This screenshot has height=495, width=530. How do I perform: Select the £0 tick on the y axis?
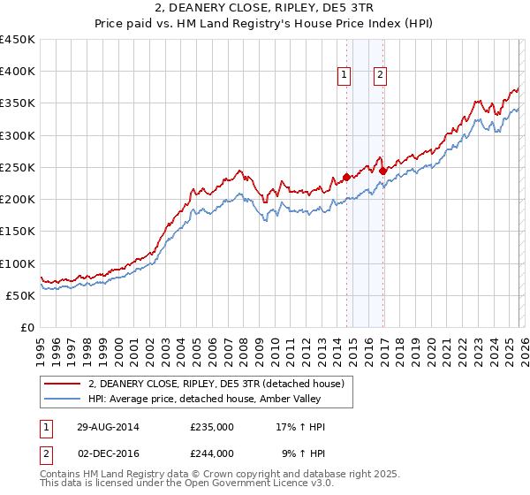tap(26, 328)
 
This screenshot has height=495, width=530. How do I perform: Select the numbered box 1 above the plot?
tap(344, 76)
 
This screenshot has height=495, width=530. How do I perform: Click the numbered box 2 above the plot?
tap(380, 76)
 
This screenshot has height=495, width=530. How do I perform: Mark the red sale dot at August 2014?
tap(346, 177)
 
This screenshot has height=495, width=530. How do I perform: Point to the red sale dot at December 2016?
tap(382, 171)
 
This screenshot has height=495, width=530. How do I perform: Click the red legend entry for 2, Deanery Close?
tap(221, 384)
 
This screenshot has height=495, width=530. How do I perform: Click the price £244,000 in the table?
tap(212, 453)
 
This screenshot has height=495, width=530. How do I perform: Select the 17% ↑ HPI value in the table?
tap(300, 427)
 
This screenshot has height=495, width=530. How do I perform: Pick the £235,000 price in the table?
tap(212, 427)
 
